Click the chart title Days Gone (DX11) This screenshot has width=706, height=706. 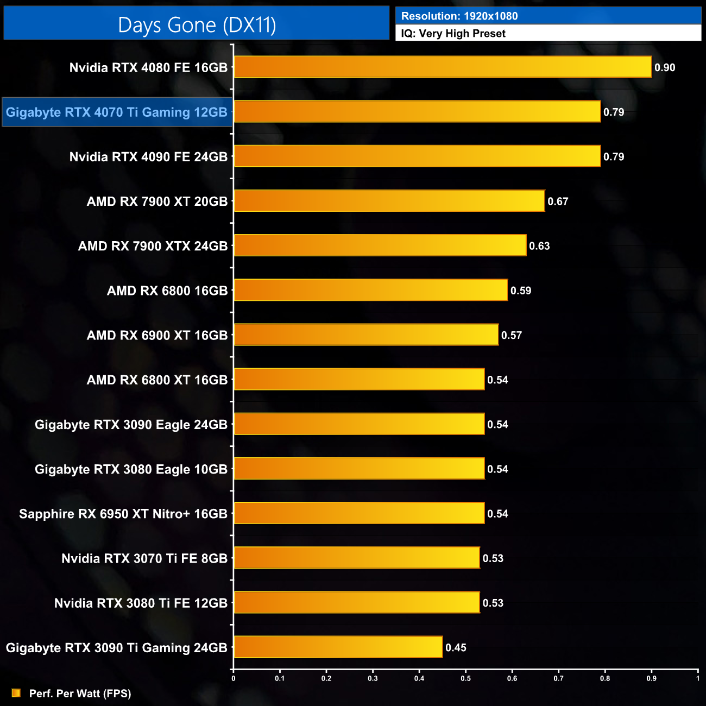coord(197,25)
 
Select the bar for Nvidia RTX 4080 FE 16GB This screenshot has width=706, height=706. coord(443,67)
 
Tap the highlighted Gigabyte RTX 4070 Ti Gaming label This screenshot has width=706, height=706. coord(117,112)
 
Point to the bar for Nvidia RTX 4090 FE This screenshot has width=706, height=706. coord(417,156)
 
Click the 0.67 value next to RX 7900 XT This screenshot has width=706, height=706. coord(558,201)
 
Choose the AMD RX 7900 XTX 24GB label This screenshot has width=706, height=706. coord(153,246)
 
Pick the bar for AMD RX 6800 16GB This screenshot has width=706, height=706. coord(371,291)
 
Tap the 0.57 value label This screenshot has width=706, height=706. coord(512,335)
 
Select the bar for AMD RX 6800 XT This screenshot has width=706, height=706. coord(359,380)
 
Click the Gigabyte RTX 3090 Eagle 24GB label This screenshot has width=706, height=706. coord(131,425)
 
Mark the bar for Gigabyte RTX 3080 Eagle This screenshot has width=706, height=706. coord(359,469)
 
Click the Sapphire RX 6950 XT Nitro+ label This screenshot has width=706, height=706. coord(123,514)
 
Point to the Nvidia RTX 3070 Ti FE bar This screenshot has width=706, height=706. coord(357,558)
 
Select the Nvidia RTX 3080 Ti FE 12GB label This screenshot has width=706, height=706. coord(141,603)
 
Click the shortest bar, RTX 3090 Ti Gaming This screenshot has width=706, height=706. coord(338,647)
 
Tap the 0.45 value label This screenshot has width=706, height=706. coord(456,647)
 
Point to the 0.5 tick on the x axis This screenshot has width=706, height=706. coord(466,678)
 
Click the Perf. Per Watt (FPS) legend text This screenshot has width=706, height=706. coord(80,694)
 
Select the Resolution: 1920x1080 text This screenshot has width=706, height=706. coord(459,16)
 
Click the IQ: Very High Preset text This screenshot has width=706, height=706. coord(453,34)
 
